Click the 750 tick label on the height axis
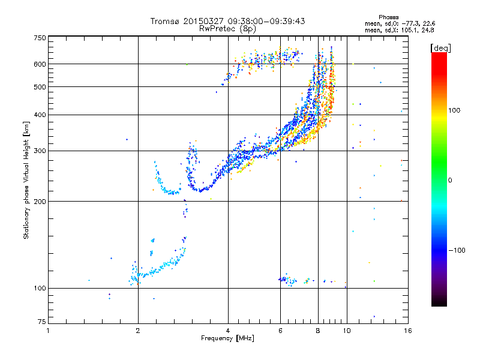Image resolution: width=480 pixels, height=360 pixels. pyautogui.click(x=40, y=38)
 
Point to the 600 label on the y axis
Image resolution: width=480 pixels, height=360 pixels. pyautogui.click(x=40, y=64)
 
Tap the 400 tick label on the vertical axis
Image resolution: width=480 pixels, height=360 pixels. pyautogui.click(x=40, y=115)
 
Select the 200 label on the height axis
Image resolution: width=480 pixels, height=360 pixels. pyautogui.click(x=40, y=202)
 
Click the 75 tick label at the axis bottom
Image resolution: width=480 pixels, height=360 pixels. pyautogui.click(x=42, y=322)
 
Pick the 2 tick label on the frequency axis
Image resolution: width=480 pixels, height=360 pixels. pyautogui.click(x=138, y=331)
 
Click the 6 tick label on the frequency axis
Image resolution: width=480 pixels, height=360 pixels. pyautogui.click(x=280, y=331)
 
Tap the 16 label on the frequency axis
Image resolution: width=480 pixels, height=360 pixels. pyautogui.click(x=408, y=331)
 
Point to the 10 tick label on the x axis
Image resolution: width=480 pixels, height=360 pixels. pyautogui.click(x=347, y=331)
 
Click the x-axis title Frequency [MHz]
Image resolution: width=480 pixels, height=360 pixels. pyautogui.click(x=227, y=338)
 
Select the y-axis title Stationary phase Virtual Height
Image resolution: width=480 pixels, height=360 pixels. pyautogui.click(x=26, y=180)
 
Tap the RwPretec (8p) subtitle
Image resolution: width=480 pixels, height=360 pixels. pyautogui.click(x=227, y=29)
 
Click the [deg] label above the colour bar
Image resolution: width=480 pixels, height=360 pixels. pyautogui.click(x=440, y=49)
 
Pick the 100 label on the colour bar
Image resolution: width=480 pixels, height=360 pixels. pyautogui.click(x=454, y=110)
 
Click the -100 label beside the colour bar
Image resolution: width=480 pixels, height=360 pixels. pyautogui.click(x=457, y=250)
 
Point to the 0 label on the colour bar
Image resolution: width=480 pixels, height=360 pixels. pyautogui.click(x=450, y=181)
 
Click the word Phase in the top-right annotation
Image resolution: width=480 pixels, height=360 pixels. pyautogui.click(x=388, y=17)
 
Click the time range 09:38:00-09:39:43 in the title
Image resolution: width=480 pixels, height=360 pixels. pyautogui.click(x=266, y=21)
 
